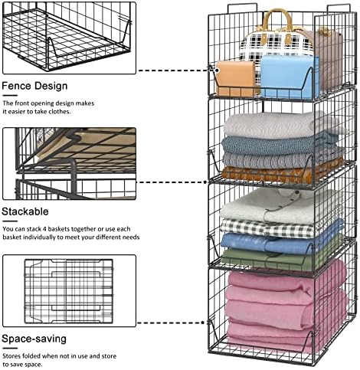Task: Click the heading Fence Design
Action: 34,86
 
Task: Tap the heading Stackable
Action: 25,211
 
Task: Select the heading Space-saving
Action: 34,339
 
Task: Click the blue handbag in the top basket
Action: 290,77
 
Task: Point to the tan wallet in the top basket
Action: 235,78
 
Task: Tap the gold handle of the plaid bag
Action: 277,21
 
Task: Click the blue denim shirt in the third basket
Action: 281,243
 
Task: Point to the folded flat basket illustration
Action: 69,291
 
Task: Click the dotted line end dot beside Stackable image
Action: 205,182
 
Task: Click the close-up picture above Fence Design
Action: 69,38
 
